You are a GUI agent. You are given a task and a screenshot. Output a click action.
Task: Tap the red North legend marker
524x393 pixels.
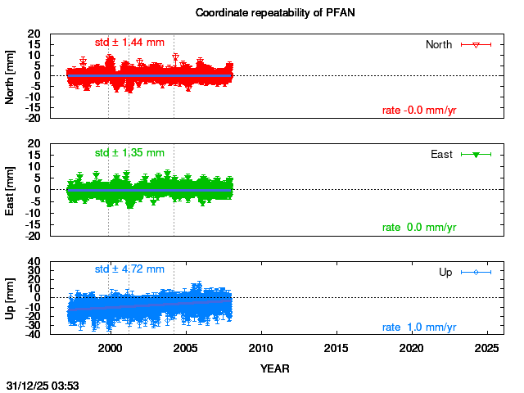pyautogui.click(x=476, y=44)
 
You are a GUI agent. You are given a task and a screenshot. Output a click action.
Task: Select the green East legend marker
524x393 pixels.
pyautogui.click(x=476, y=154)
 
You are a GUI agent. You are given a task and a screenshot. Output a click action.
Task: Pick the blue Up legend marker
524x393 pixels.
pyautogui.click(x=476, y=272)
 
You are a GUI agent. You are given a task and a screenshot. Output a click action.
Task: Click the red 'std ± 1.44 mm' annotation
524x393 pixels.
pyautogui.click(x=129, y=42)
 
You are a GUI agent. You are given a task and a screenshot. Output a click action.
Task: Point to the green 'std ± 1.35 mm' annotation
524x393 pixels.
pyautogui.click(x=129, y=152)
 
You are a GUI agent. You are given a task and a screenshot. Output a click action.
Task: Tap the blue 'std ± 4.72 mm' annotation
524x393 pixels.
pyautogui.click(x=129, y=269)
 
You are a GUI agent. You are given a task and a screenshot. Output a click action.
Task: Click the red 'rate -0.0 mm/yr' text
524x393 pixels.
pyautogui.click(x=419, y=111)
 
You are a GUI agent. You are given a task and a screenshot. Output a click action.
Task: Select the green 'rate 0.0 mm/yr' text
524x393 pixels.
pyautogui.click(x=419, y=227)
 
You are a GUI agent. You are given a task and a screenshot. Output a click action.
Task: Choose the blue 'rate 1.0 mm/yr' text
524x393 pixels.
pyautogui.click(x=419, y=327)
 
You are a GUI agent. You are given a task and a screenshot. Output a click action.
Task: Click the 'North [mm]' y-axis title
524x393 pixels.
pyautogui.click(x=11, y=76)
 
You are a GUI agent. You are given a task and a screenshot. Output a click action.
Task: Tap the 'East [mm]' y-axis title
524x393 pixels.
pyautogui.click(x=11, y=190)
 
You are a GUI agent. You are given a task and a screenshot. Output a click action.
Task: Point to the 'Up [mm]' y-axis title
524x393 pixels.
pyautogui.click(x=11, y=299)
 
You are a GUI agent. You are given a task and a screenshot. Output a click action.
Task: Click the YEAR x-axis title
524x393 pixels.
pyautogui.click(x=274, y=368)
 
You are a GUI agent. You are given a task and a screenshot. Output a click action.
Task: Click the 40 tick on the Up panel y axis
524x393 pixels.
pyautogui.click(x=35, y=264)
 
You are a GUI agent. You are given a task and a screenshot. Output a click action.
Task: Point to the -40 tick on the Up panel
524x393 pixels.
pyautogui.click(x=33, y=335)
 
